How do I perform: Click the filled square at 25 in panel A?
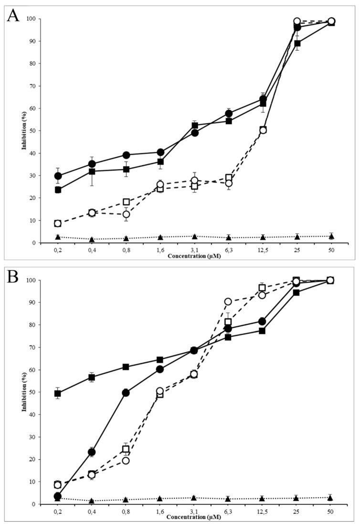[297, 43]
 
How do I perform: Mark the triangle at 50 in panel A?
[331, 236]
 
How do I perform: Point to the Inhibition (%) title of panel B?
[23, 392]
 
